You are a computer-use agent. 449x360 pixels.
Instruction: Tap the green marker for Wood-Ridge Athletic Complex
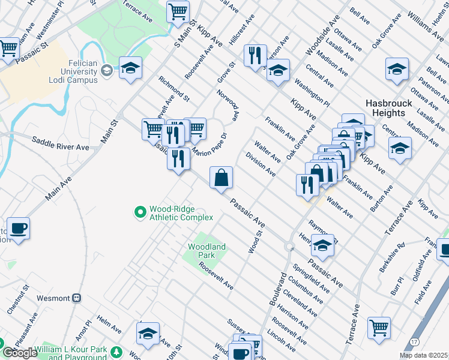(140, 211)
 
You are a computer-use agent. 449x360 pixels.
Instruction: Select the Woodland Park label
(206, 251)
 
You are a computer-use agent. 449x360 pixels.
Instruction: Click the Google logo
(20, 353)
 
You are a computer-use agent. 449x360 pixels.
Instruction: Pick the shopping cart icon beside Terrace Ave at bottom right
(379, 327)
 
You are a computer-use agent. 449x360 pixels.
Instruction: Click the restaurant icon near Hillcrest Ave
(255, 55)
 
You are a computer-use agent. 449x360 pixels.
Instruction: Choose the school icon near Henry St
(323, 245)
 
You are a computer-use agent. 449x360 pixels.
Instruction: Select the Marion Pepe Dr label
(208, 144)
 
